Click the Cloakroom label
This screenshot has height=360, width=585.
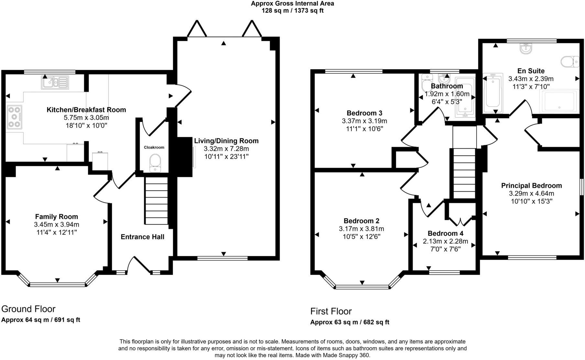pos(154,147)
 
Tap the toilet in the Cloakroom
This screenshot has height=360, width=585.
pos(155,161)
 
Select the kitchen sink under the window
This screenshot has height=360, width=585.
pos(55,82)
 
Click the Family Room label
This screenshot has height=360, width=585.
pos(57,217)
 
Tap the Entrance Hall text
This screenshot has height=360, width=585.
pos(142,237)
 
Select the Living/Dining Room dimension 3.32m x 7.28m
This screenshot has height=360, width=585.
pos(226,149)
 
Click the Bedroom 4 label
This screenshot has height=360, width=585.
pos(445,233)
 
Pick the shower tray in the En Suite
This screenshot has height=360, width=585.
pos(559,101)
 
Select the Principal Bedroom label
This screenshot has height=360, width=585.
pos(531,186)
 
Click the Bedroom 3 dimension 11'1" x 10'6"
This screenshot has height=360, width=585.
pos(364,129)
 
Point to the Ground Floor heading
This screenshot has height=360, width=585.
pos(28,309)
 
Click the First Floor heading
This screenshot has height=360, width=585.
pos(331,311)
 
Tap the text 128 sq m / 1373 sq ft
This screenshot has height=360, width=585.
pos(292,10)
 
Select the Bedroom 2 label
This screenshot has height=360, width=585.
pos(361,221)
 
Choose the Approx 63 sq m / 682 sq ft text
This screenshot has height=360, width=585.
pos(349,322)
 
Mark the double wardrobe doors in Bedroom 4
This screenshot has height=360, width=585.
pos(460,222)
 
